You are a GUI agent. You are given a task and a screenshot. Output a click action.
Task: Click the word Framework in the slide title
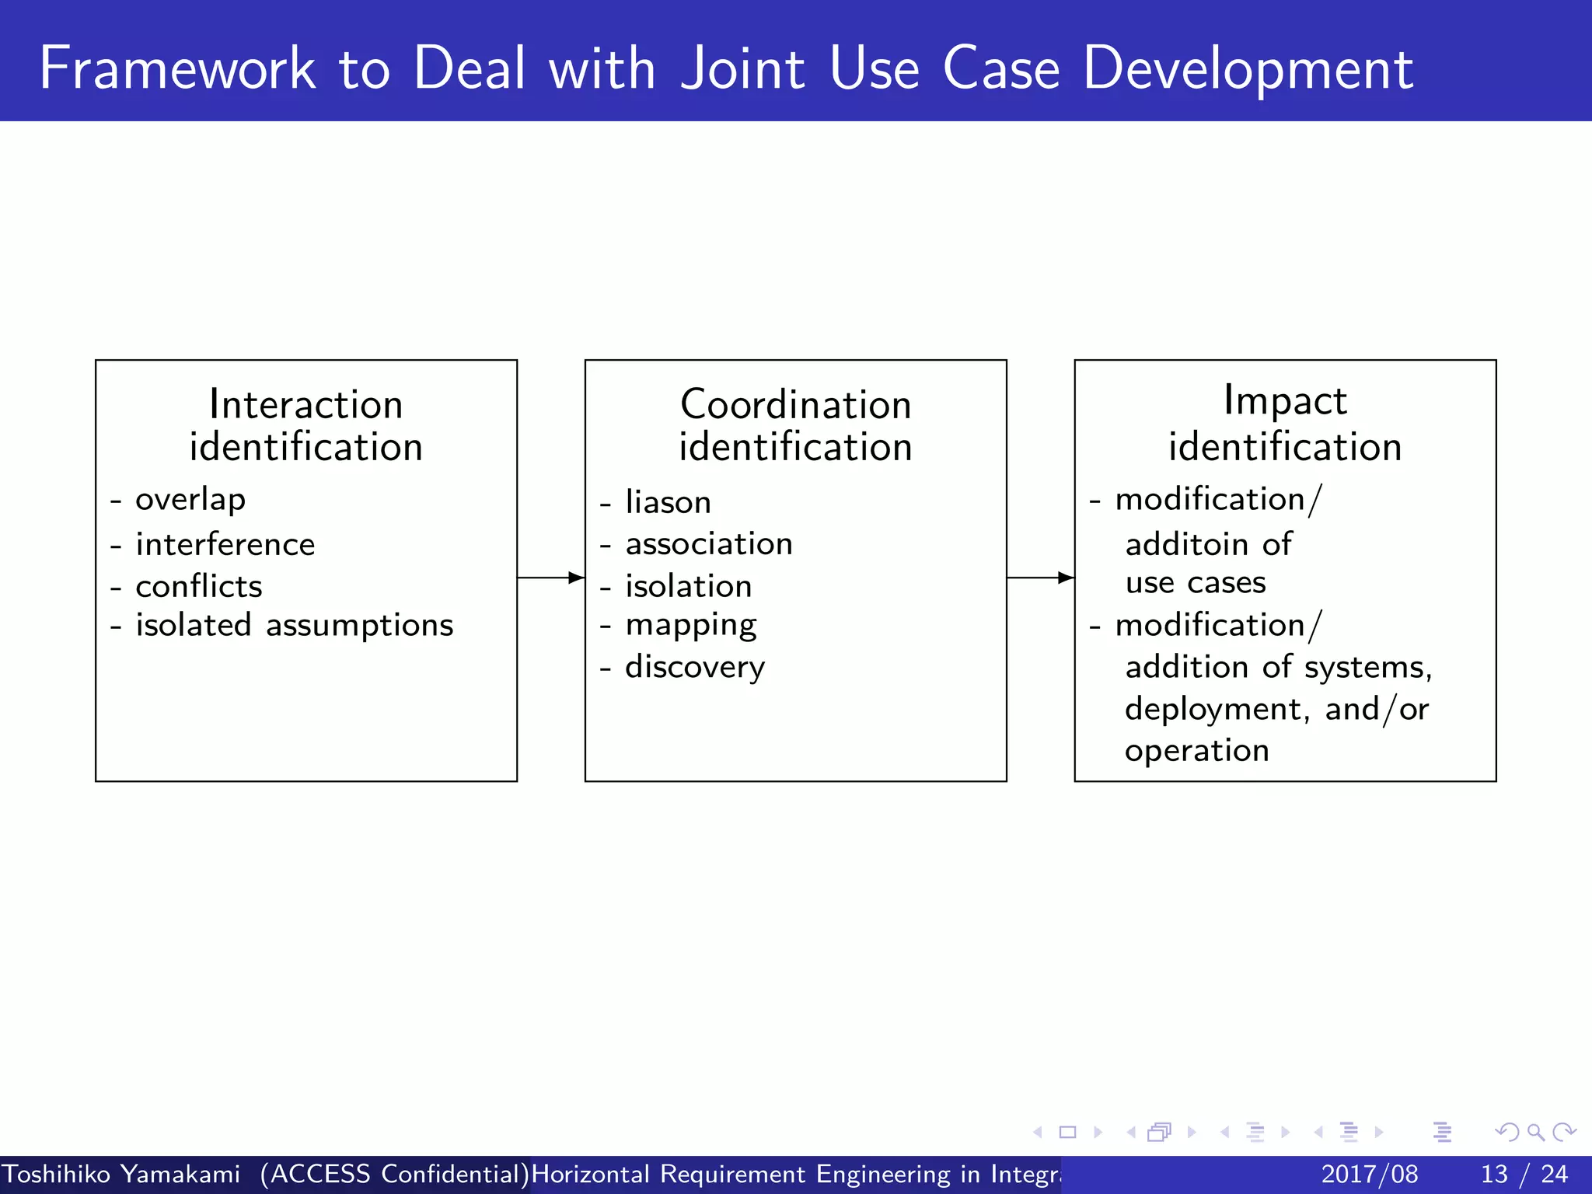[x=177, y=68]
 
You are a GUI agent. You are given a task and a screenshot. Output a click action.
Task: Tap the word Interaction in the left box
[x=305, y=405]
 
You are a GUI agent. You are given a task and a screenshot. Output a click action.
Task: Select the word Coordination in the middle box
[x=795, y=405]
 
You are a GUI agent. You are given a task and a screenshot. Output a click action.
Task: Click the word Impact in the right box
[x=1284, y=402]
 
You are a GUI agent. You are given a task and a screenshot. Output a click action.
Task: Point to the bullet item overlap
[x=190, y=500]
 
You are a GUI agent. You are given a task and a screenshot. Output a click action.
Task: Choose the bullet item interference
[x=225, y=544]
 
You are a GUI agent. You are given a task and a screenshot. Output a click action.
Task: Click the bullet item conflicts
[x=199, y=586]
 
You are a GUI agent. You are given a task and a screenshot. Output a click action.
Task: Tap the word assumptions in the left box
[x=359, y=626]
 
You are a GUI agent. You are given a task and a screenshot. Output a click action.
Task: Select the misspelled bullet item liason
[x=668, y=502]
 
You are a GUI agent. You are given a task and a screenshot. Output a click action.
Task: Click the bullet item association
[x=709, y=544]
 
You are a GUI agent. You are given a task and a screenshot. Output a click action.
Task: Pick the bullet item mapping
[x=691, y=626]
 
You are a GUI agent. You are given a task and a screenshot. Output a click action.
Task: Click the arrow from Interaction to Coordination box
[x=550, y=578]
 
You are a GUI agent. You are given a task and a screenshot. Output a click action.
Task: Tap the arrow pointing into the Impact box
[x=1040, y=578]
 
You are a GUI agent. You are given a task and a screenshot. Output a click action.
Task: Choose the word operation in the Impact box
[x=1197, y=751]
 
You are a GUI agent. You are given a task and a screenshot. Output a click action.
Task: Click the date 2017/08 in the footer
[x=1370, y=1174]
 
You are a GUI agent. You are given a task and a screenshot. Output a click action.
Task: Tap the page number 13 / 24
[x=1524, y=1174]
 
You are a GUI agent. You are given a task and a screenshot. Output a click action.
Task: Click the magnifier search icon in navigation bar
[x=1535, y=1133]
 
